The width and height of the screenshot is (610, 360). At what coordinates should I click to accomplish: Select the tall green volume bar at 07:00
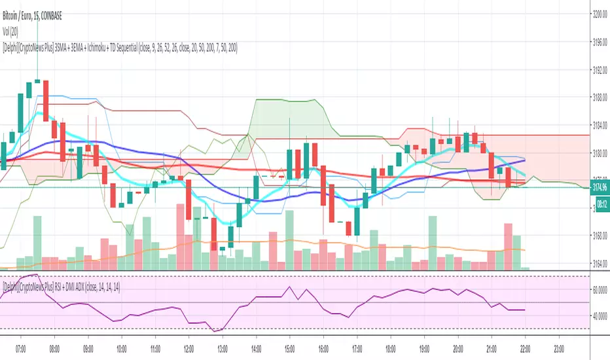[x=37, y=243]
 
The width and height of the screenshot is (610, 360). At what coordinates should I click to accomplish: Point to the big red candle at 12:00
[x=188, y=196]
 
